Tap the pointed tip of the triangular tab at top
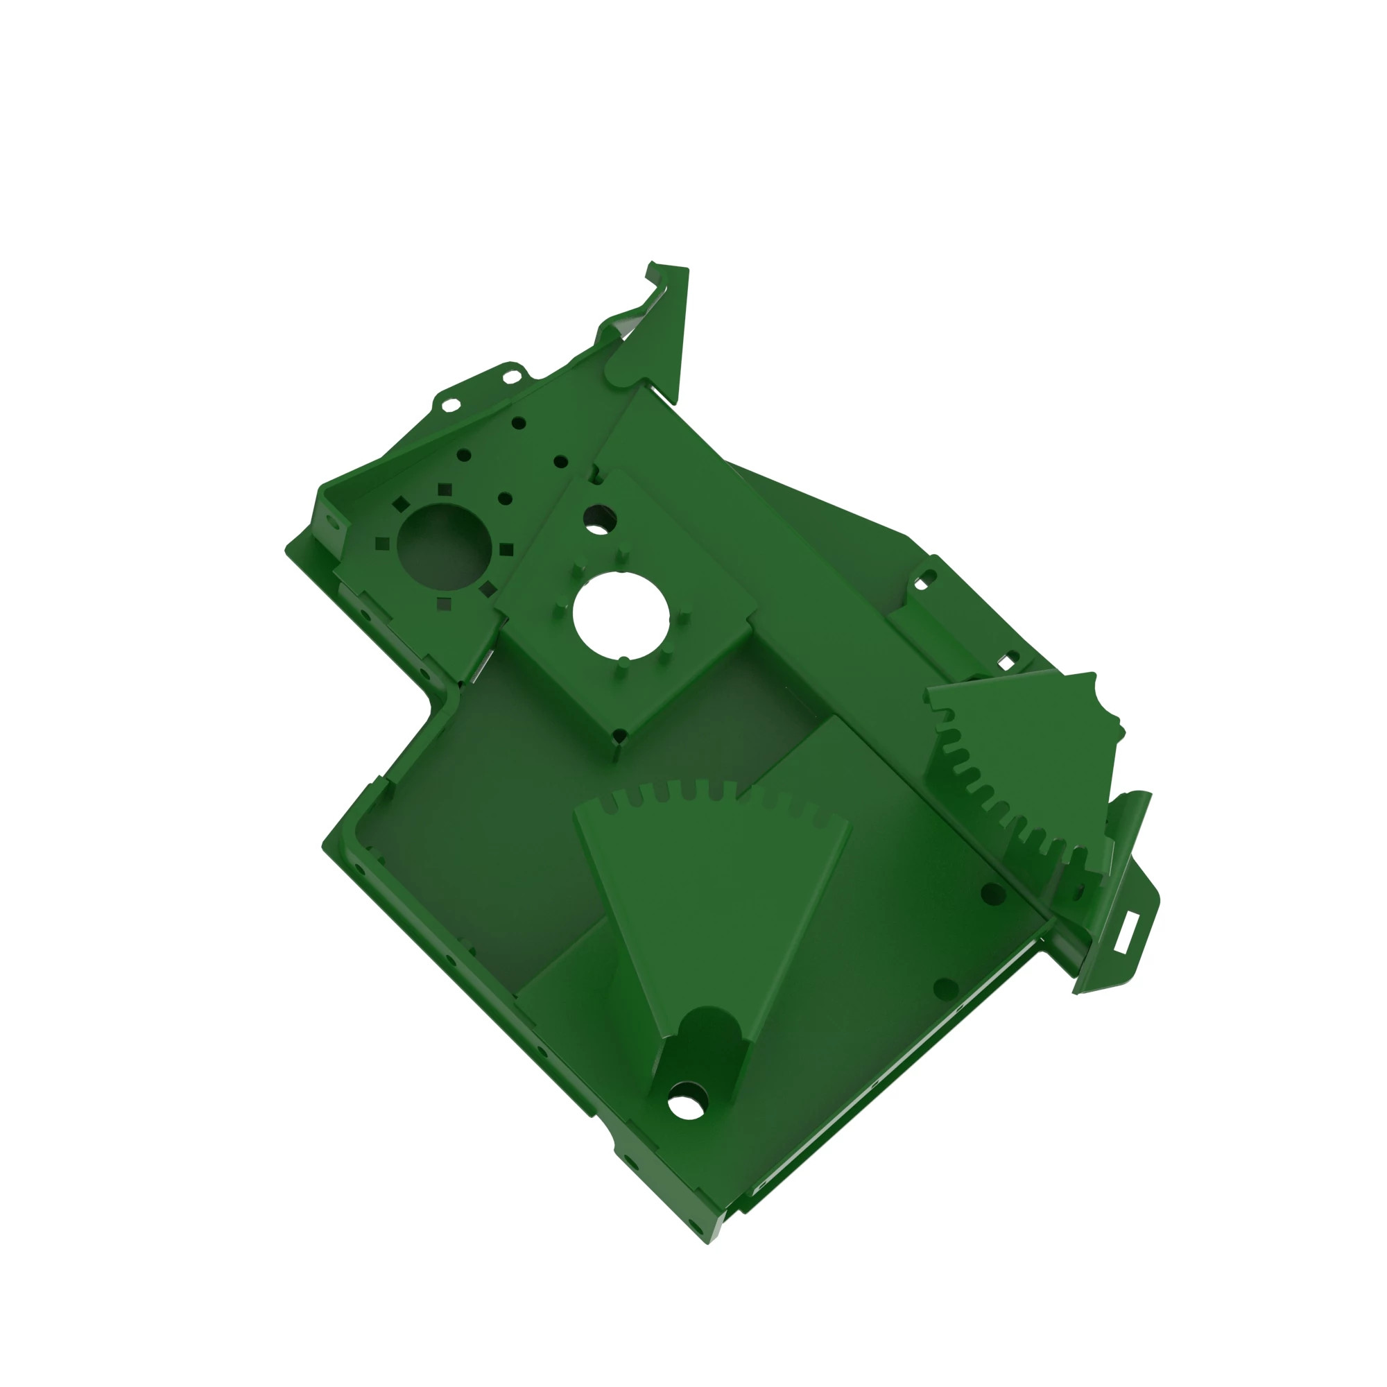(675, 402)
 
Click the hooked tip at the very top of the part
(651, 264)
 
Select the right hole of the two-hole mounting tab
(511, 377)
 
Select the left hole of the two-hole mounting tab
(450, 405)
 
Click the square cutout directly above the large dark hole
(445, 490)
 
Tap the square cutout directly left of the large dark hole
(383, 544)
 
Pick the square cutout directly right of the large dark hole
(506, 550)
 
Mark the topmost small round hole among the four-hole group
(519, 424)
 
